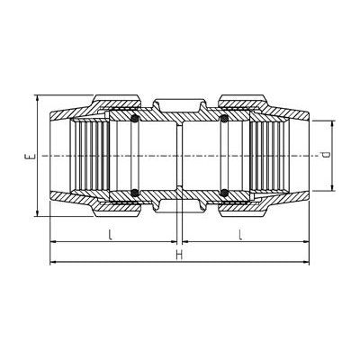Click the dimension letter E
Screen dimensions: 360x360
coord(29,155)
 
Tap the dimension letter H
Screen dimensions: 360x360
coord(180,255)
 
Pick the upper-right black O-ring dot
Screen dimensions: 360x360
coord(224,119)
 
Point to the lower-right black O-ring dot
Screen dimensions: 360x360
coord(224,191)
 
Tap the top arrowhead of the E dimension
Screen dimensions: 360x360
coord(37,97)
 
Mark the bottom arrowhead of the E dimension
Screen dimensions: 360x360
coord(37,213)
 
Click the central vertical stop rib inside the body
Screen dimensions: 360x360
coord(180,155)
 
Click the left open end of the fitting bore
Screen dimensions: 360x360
coord(56,155)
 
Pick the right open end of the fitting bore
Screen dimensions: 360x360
coord(304,155)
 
